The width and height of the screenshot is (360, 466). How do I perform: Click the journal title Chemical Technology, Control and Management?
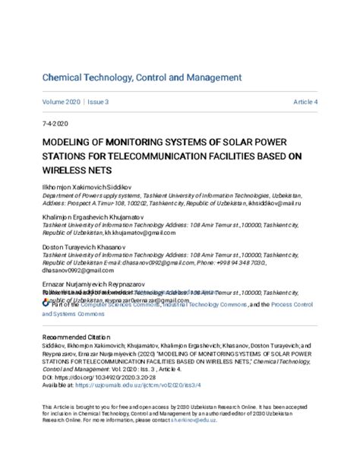tap(142, 78)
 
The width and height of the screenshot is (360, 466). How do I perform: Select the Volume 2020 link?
tap(61, 102)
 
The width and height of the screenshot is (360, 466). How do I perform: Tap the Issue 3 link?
tap(97, 102)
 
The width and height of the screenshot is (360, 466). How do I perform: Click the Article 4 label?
tap(305, 102)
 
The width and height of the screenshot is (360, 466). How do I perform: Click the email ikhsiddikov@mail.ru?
tap(274, 204)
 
